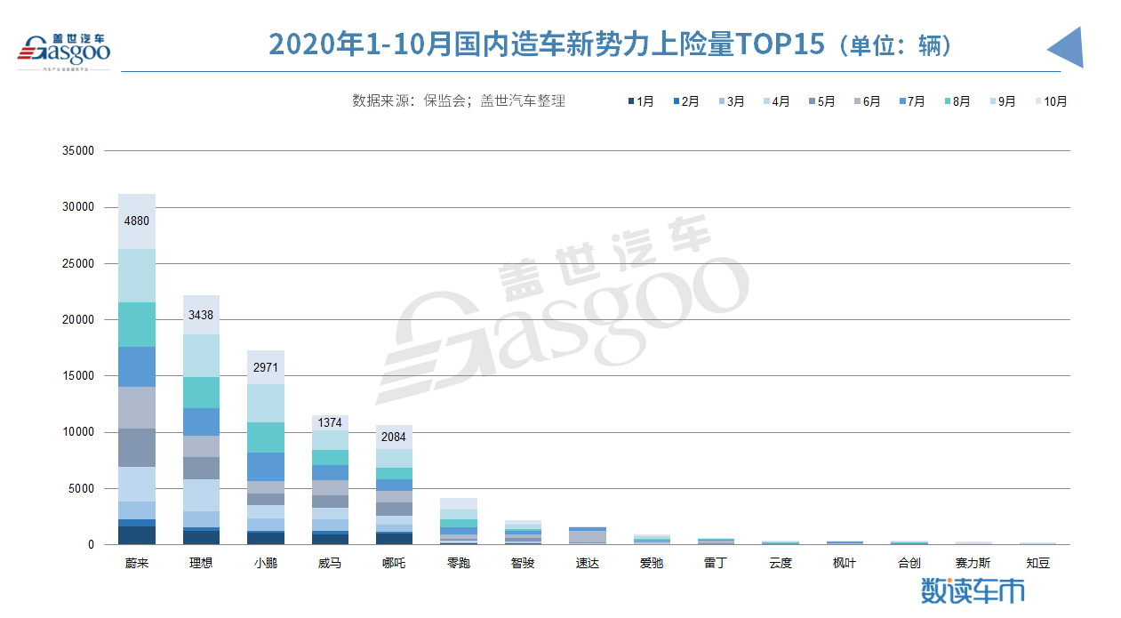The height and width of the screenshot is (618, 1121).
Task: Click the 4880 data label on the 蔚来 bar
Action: [137, 221]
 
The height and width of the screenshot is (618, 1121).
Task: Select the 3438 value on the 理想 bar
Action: [201, 315]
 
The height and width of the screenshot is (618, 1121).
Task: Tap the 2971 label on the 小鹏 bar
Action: [265, 367]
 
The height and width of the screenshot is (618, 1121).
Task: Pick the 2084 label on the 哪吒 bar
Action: [393, 437]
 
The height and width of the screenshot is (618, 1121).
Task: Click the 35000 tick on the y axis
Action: [78, 151]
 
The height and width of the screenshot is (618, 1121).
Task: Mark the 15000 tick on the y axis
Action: [78, 376]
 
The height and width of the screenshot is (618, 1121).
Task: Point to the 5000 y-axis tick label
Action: [81, 489]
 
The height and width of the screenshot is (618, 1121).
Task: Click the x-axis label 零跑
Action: [458, 563]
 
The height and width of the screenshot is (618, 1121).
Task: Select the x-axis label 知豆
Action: [1037, 563]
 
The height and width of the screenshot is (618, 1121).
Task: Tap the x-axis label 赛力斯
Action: [973, 563]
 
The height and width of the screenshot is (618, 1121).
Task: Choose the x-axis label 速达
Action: [587, 563]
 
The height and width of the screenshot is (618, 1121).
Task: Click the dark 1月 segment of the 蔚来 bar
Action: [137, 535]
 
